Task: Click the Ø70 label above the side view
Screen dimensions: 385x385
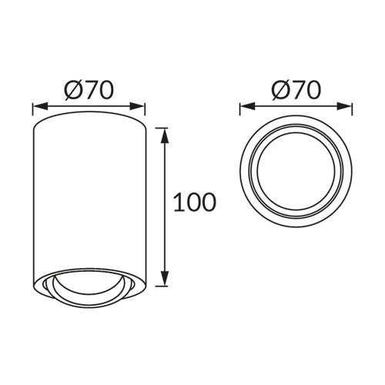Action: click(x=89, y=90)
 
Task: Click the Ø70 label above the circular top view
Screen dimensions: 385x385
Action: click(x=296, y=90)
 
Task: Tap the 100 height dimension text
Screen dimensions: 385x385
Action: click(x=195, y=203)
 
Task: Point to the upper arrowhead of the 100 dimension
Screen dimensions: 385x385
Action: click(x=165, y=136)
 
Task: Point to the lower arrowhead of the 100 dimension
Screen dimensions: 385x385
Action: click(x=165, y=278)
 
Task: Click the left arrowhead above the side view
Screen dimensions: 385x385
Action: click(x=41, y=106)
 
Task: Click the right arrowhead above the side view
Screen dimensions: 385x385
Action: click(x=137, y=106)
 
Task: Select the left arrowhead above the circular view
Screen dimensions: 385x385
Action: click(x=248, y=106)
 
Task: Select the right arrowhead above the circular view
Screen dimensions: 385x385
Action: click(x=344, y=106)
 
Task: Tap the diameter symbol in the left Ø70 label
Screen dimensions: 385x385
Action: click(x=74, y=90)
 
